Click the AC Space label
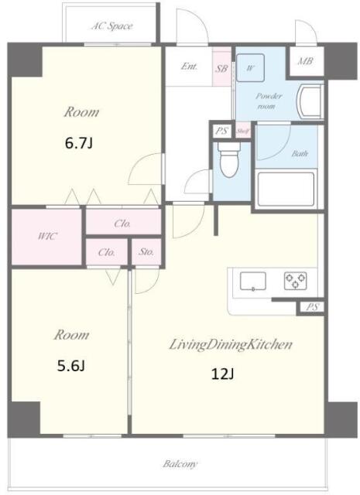[x=112, y=26]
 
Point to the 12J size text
[x=224, y=374]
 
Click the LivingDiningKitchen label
[x=230, y=345]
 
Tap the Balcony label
[x=180, y=464]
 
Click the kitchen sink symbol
[x=252, y=280]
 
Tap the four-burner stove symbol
[x=294, y=279]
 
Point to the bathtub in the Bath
[x=284, y=189]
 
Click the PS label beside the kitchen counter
[x=310, y=307]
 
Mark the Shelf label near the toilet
[x=242, y=131]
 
